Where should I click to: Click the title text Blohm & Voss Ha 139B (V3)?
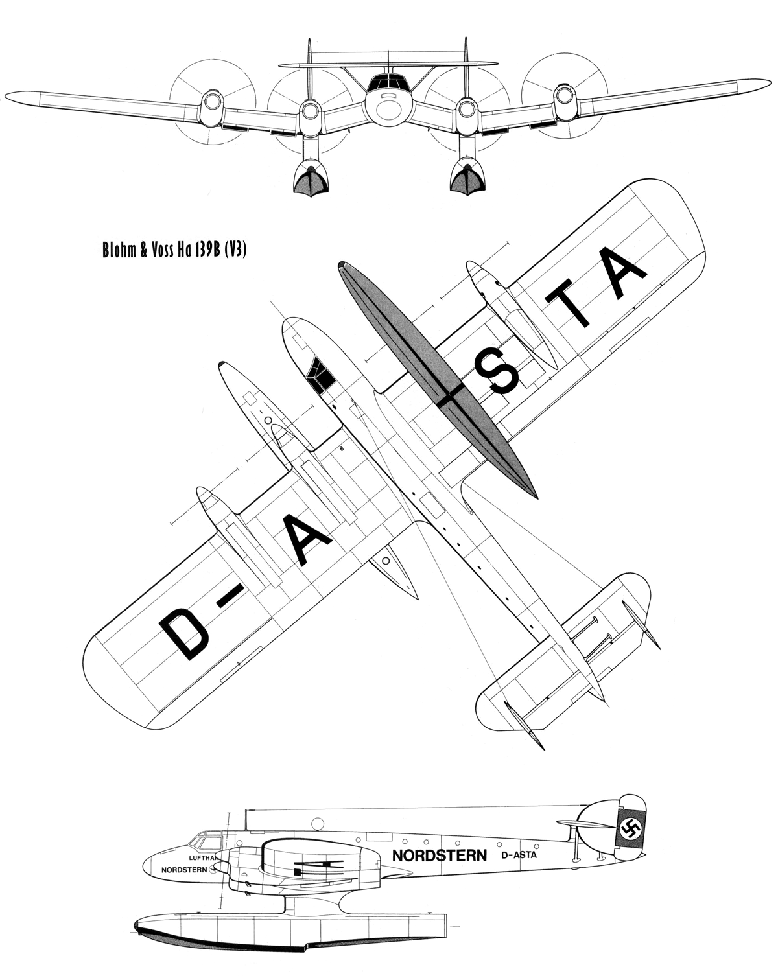point(174,250)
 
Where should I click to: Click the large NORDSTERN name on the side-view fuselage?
point(439,856)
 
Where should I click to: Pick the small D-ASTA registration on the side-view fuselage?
point(519,854)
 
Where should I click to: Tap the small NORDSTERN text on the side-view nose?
point(184,870)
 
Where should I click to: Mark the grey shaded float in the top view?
point(438,381)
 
